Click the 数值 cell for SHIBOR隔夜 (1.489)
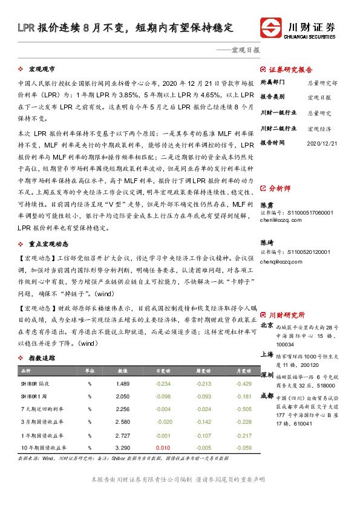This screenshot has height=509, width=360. [x=123, y=384]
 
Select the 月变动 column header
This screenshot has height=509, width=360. [x=244, y=371]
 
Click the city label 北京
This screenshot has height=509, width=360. [x=267, y=325]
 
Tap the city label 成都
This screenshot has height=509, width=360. [x=267, y=396]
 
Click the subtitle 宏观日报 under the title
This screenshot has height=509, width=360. [x=245, y=50]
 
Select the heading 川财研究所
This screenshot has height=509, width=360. [x=287, y=315]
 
